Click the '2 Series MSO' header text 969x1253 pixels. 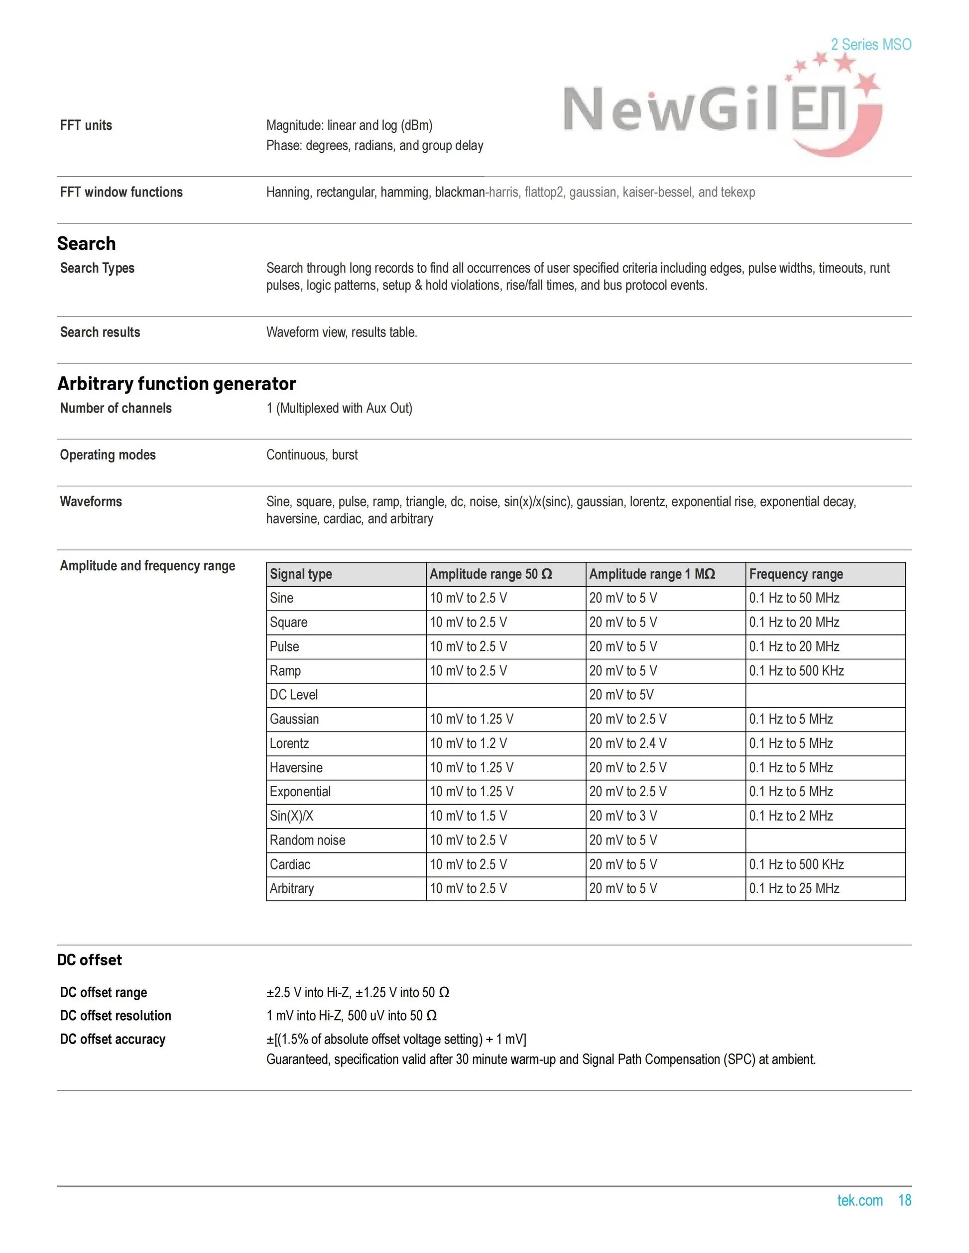pyautogui.click(x=870, y=44)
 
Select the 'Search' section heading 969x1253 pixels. pyautogui.click(x=86, y=243)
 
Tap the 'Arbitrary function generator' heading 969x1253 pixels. pyautogui.click(x=176, y=383)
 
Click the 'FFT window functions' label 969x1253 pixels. pyautogui.click(x=121, y=192)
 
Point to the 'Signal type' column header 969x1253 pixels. pyautogui.click(x=301, y=574)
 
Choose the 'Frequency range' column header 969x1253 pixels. pyautogui.click(x=796, y=574)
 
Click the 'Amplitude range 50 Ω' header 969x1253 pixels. pyautogui.click(x=491, y=574)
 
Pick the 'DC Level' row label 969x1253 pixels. pyautogui.click(x=293, y=695)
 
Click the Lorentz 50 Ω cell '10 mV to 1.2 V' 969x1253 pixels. pyautogui.click(x=469, y=743)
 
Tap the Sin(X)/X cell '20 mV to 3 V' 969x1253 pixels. pyautogui.click(x=623, y=816)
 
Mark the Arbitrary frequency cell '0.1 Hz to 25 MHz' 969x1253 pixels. pyautogui.click(x=794, y=888)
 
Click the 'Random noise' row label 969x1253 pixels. pyautogui.click(x=308, y=840)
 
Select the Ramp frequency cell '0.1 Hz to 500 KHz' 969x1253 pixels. pyautogui.click(x=796, y=671)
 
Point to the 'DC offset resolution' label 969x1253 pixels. pyautogui.click(x=116, y=1016)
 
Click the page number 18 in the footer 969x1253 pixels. pyautogui.click(x=904, y=1200)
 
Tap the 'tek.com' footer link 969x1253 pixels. pyautogui.click(x=859, y=1200)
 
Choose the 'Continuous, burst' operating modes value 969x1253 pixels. pyautogui.click(x=312, y=455)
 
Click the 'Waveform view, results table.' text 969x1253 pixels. pyautogui.click(x=342, y=332)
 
